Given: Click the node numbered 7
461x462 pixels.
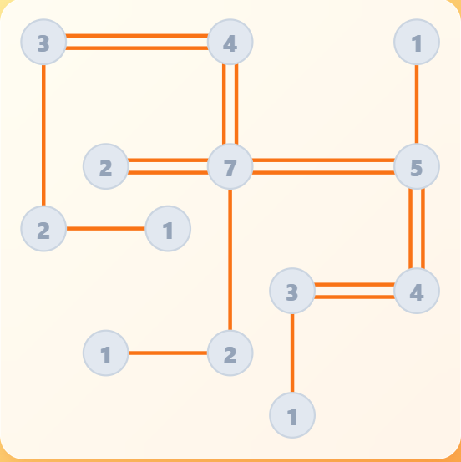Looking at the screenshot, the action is (230, 166).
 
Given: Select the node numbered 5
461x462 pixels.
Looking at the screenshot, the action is (417, 166).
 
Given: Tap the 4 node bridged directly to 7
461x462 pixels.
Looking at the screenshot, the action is (230, 42).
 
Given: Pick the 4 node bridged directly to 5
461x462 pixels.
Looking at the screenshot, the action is (417, 291).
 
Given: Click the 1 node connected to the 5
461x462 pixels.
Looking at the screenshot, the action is (417, 42).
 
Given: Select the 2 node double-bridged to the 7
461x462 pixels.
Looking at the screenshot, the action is (106, 166).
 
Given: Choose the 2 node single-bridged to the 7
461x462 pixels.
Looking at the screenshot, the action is (230, 353).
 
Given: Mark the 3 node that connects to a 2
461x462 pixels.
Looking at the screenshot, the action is (43, 42).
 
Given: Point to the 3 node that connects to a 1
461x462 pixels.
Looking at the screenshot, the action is (292, 291).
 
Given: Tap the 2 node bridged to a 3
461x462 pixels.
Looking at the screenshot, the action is (43, 229).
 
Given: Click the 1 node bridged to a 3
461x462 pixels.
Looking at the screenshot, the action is (292, 415).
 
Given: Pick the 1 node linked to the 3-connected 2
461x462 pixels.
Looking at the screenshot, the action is (168, 229).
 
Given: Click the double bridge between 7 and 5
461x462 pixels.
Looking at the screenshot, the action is (323, 166).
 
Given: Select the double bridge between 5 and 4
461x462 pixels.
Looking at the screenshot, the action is (417, 229).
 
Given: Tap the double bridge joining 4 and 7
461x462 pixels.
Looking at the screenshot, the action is (230, 104).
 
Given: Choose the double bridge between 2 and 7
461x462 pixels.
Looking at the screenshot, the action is (168, 166).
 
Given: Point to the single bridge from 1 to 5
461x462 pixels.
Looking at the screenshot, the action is (417, 104).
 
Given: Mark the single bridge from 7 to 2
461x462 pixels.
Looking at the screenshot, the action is (230, 260).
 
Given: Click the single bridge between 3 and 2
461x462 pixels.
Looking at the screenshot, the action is (43, 135).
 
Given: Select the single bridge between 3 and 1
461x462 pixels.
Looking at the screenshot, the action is (292, 353).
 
